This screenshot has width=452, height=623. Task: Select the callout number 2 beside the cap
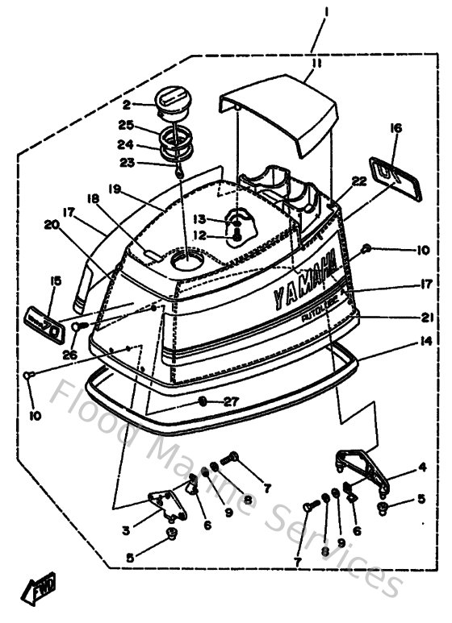[127, 105]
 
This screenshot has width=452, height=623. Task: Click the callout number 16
[395, 127]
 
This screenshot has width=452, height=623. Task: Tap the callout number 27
[232, 401]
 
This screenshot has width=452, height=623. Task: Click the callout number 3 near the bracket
[126, 531]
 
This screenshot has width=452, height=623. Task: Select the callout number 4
[421, 467]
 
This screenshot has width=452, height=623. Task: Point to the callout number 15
[55, 281]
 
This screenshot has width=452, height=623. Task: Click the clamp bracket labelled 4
[361, 475]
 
